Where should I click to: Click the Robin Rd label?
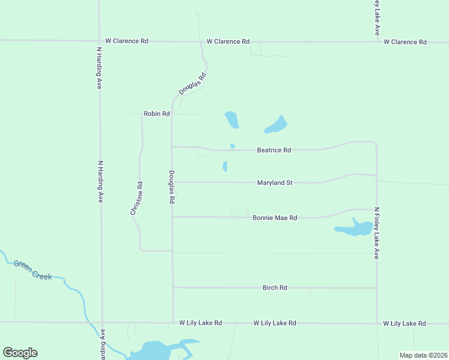point(156,113)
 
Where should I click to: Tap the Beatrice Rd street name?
point(274,150)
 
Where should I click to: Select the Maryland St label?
point(274,182)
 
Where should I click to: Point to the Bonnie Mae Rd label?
point(275,218)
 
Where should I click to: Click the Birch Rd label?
point(275,288)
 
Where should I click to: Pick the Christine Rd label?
point(136,199)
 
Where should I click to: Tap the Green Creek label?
point(32,270)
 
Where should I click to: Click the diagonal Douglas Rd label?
point(193,84)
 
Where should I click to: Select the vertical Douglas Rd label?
point(172,187)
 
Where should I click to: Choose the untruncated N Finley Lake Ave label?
point(377,233)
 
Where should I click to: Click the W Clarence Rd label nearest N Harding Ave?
point(127,41)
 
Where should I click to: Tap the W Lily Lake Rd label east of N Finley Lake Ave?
point(405,323)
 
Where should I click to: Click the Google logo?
point(20,353)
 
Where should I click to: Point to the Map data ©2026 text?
point(423,355)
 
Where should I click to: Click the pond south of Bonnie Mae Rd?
point(354,229)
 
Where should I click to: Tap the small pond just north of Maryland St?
point(225,166)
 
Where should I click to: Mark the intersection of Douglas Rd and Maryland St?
point(173,182)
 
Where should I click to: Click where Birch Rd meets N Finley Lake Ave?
point(376,288)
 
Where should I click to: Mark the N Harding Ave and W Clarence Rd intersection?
point(99,41)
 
